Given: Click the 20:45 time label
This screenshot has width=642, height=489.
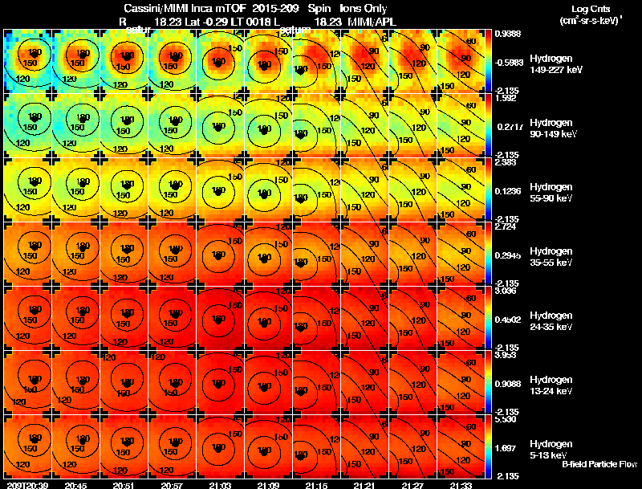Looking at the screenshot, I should pos(76,485).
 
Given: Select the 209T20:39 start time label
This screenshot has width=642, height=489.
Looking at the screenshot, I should pos(26,485).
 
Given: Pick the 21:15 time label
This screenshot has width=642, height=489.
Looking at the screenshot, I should pos(317,485).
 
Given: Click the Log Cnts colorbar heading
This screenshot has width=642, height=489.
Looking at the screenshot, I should pos(590,14).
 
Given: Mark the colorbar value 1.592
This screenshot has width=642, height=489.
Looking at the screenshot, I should pos(508,99).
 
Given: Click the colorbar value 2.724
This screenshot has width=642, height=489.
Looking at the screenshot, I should pos(508,226).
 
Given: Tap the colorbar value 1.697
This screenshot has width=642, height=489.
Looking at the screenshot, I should pos(508,448).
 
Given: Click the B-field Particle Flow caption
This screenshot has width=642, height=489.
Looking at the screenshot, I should pos(599,464).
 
